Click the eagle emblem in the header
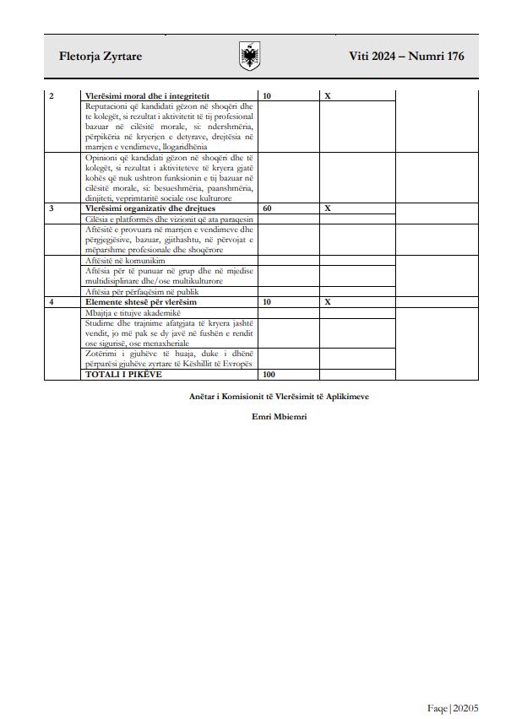click(x=250, y=57)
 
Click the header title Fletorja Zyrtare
click(x=101, y=57)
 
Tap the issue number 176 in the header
click(x=452, y=57)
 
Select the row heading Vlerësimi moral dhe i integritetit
click(x=147, y=96)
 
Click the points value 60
click(x=268, y=208)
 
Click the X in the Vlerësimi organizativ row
click(x=328, y=208)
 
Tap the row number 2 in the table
click(x=52, y=96)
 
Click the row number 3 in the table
click(x=52, y=208)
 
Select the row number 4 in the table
click(x=52, y=301)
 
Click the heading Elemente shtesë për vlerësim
click(x=139, y=301)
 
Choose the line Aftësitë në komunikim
click(x=125, y=261)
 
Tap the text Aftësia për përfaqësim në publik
click(x=142, y=291)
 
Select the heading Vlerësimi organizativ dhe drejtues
click(x=149, y=208)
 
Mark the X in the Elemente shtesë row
click(x=328, y=301)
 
